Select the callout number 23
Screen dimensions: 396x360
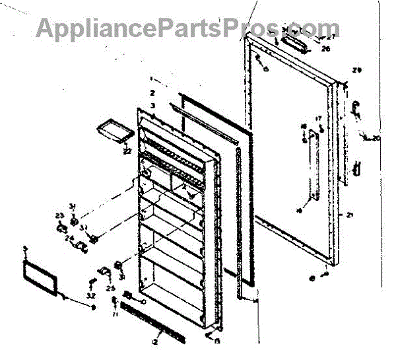[x=59, y=215]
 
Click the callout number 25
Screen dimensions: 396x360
[x=110, y=287]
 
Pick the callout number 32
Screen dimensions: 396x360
[x=90, y=295]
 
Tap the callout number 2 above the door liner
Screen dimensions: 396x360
[x=152, y=93]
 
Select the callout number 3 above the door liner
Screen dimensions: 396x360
[x=152, y=106]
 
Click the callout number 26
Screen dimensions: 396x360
[x=325, y=48]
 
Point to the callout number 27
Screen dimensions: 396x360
[x=331, y=37]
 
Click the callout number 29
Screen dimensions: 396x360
[x=358, y=70]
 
